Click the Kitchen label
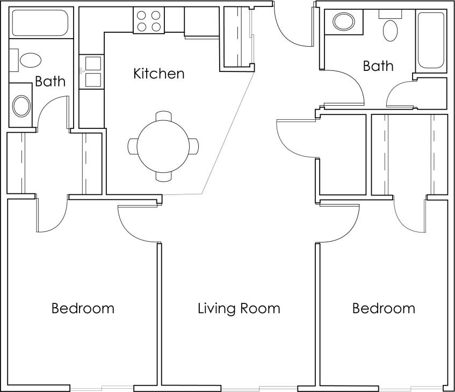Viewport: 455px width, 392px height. pyautogui.click(x=158, y=74)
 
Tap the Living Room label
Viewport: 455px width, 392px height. pyautogui.click(x=239, y=309)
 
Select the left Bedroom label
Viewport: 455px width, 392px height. pyautogui.click(x=83, y=309)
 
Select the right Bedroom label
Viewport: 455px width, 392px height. pyautogui.click(x=384, y=309)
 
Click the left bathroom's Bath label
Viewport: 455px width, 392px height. pyautogui.click(x=50, y=82)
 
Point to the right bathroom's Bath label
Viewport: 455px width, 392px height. pyautogui.click(x=378, y=67)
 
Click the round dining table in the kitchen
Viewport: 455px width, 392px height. pyautogui.click(x=163, y=146)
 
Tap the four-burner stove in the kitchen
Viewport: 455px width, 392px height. pyautogui.click(x=148, y=20)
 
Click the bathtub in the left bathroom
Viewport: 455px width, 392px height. pyautogui.click(x=39, y=23)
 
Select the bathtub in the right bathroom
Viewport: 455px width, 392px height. pyautogui.click(x=431, y=40)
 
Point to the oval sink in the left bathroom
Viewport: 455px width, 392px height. pyautogui.click(x=21, y=105)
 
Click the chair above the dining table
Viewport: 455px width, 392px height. pyautogui.click(x=163, y=116)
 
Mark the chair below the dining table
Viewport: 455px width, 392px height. pyautogui.click(x=163, y=175)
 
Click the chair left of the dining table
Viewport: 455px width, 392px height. pyautogui.click(x=133, y=146)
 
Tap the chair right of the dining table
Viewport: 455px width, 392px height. pyautogui.click(x=193, y=146)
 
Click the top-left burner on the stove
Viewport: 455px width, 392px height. pyautogui.click(x=142, y=15)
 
